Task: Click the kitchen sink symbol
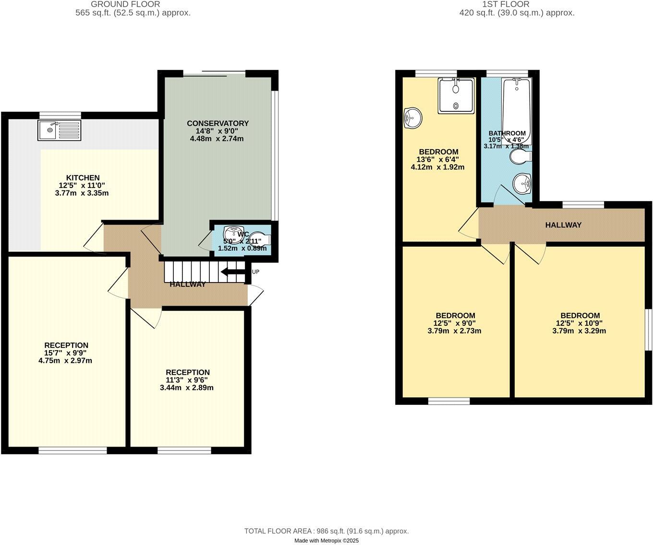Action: (x=60, y=130)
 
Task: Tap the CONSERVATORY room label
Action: (x=218, y=123)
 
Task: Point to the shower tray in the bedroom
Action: (x=456, y=95)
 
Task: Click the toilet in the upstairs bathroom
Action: (x=520, y=156)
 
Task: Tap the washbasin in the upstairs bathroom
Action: (x=522, y=183)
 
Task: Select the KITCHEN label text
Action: (x=83, y=178)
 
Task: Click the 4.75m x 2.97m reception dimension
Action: (x=65, y=360)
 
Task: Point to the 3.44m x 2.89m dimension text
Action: (x=187, y=388)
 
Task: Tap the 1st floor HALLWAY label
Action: (x=563, y=225)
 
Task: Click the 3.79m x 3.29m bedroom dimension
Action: (x=579, y=331)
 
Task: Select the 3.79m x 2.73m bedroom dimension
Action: (x=454, y=331)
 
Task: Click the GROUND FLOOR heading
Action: (x=125, y=4)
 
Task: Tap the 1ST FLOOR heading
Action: (x=506, y=4)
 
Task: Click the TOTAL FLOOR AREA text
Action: (x=326, y=531)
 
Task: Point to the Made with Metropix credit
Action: (x=326, y=541)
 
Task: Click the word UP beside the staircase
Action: (x=255, y=272)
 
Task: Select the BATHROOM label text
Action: (x=507, y=133)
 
